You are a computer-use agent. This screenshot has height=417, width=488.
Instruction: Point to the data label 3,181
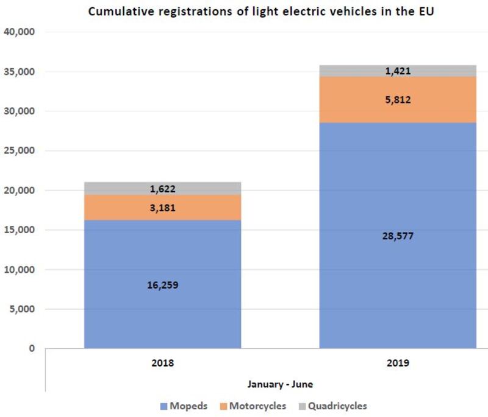pos(162,208)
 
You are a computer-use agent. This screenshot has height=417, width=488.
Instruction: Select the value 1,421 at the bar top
pos(398,71)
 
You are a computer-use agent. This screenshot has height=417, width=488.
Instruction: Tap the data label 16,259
pos(162,284)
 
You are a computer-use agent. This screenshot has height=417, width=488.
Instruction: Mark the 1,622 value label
pos(162,189)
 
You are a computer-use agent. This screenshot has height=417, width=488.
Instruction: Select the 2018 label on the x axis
pos(162,363)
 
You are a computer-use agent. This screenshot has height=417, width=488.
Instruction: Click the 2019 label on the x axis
pos(398,363)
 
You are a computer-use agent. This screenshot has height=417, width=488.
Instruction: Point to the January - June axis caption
pos(280,384)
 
